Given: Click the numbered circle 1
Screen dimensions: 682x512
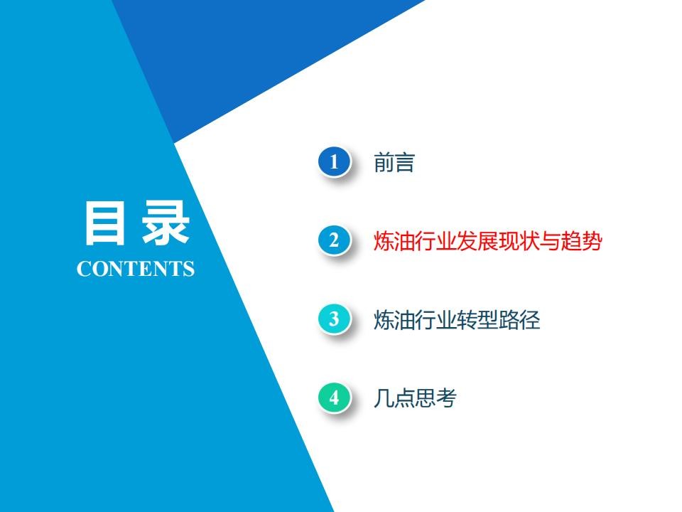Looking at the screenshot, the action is point(334,162).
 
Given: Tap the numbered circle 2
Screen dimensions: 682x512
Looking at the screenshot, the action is point(334,240).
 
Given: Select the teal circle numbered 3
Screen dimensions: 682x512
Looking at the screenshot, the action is point(334,319).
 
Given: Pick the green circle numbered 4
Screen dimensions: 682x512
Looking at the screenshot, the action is point(334,398).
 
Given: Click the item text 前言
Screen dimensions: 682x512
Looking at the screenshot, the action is point(394,162).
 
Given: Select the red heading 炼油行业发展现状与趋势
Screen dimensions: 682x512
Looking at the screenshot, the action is point(488,241).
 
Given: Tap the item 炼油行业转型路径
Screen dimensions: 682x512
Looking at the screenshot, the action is point(457,319).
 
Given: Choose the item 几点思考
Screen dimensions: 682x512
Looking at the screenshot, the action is point(415,398).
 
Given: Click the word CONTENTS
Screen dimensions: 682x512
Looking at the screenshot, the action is point(135,269).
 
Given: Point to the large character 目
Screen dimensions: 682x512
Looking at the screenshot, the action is point(104,223).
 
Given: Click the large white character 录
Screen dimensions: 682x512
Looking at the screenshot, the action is point(166,223).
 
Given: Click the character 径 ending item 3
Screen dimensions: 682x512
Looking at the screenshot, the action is point(530,319).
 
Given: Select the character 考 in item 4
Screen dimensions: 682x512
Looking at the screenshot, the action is point(446,398).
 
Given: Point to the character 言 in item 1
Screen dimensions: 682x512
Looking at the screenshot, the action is point(404,162).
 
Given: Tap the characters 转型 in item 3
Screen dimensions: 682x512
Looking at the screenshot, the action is point(477,319).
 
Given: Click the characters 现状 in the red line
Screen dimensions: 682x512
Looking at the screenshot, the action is point(519,241).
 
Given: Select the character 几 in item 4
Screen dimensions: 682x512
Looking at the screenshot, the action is point(384,398).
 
